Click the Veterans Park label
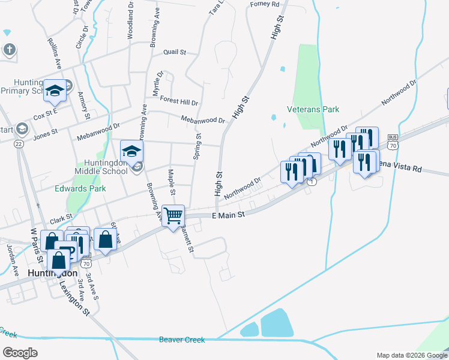pyautogui.click(x=313, y=109)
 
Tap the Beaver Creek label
pyautogui.click(x=182, y=340)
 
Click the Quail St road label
pyautogui.click(x=175, y=52)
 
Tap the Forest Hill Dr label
pyautogui.click(x=179, y=102)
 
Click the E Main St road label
pyautogui.click(x=229, y=215)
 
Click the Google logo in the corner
pyautogui.click(x=20, y=353)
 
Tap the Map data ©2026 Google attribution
pyautogui.click(x=412, y=355)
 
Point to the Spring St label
pyautogui.click(x=196, y=145)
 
